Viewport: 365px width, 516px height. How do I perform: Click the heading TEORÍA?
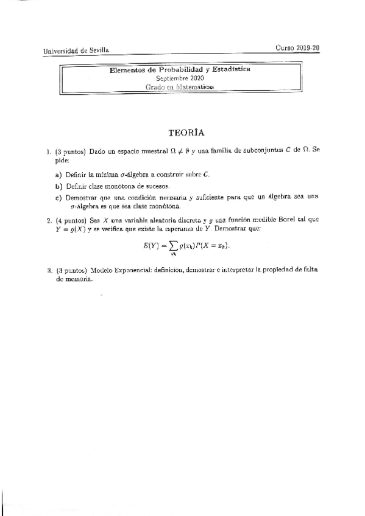[x=185, y=132]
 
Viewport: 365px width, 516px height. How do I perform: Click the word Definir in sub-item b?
[x=77, y=186]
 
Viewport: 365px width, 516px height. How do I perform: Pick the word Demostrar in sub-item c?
[x=82, y=197]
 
